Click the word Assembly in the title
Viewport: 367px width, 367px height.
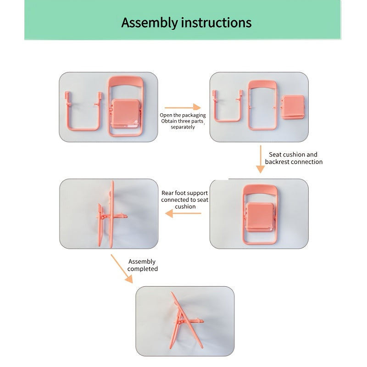[149, 22]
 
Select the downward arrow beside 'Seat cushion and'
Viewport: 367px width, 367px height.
[260, 159]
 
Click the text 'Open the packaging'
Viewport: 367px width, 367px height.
[183, 115]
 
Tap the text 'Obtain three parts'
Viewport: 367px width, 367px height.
[182, 121]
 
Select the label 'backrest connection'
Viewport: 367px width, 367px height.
[294, 162]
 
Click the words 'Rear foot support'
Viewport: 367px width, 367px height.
[184, 193]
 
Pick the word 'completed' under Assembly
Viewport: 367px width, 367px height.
[142, 269]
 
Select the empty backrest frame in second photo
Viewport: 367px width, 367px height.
[262, 106]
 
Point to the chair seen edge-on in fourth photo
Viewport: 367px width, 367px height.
[110, 214]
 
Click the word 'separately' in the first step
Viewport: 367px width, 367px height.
[183, 127]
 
